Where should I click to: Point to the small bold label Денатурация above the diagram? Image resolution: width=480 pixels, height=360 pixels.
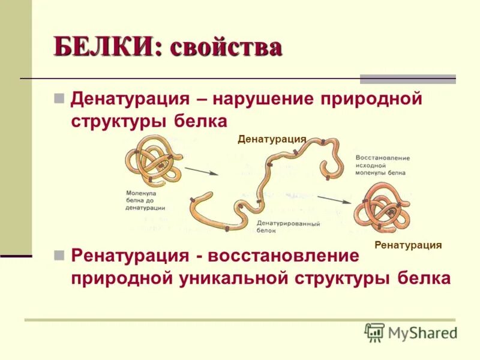[272, 139]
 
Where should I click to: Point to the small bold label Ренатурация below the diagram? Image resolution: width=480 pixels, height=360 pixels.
[408, 245]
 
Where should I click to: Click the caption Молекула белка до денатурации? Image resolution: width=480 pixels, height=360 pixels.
[146, 200]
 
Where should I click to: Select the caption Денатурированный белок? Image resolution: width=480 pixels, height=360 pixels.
[288, 226]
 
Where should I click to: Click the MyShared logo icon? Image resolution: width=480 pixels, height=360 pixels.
[374, 332]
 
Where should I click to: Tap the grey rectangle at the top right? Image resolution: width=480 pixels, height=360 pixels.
[407, 79]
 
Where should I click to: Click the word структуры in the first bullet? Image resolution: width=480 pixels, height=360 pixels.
[119, 120]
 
